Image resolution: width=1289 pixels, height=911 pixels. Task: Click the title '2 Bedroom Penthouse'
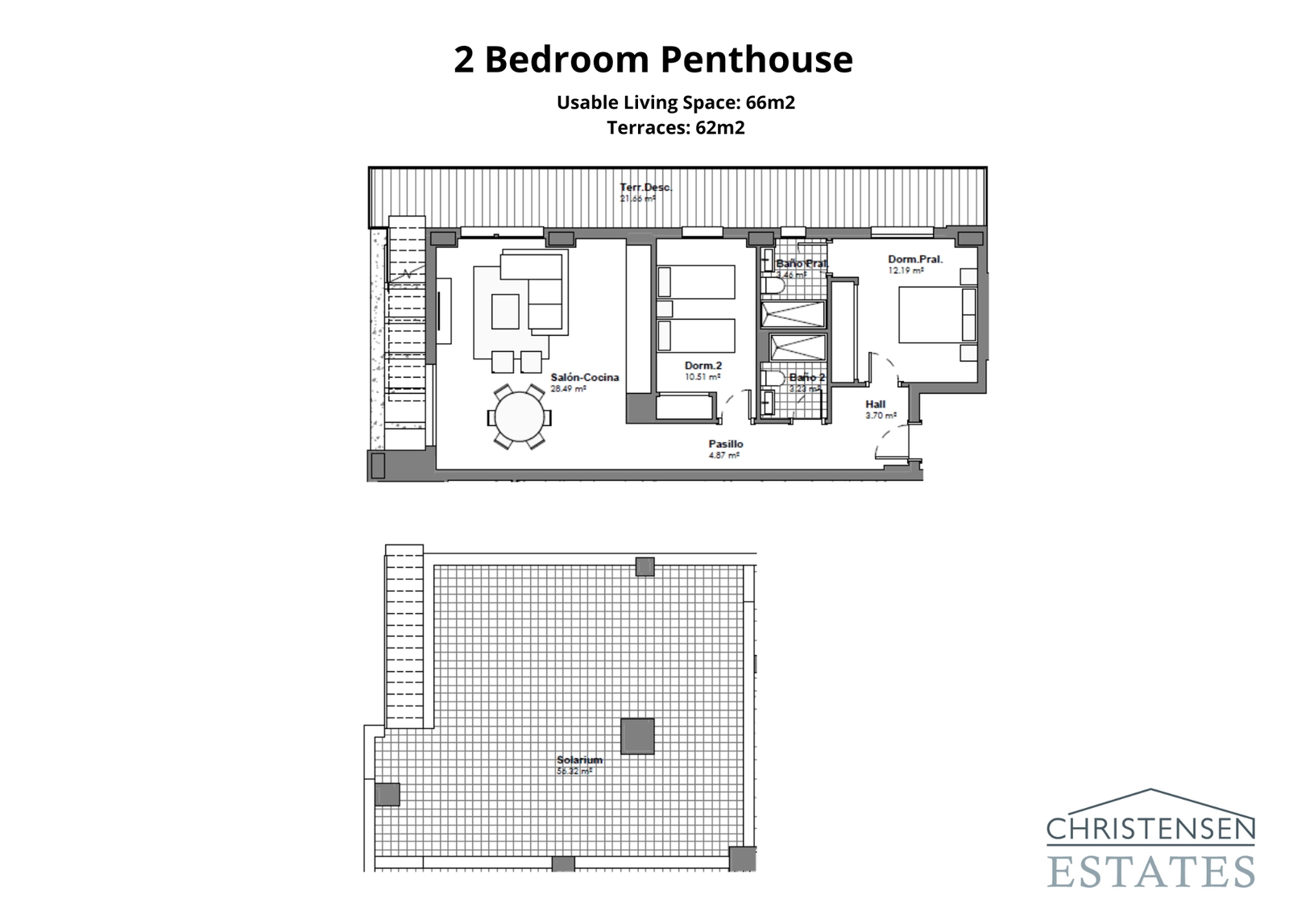pos(653,60)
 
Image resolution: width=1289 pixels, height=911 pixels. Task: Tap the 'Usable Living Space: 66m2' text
pos(675,103)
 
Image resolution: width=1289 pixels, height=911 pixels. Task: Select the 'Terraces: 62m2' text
pos(675,128)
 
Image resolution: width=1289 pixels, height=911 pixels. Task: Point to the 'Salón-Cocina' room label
pos(585,377)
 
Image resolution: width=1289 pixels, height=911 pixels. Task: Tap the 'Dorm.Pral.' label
pos(915,259)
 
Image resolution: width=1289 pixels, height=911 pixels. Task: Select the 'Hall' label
pos(876,404)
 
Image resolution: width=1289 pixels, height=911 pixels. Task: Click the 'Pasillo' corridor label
pos(725,444)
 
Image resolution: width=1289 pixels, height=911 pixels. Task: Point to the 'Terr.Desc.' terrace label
pos(645,188)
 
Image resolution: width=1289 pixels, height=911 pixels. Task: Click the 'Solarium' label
pos(579,760)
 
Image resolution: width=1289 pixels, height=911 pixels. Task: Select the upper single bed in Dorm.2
pos(696,283)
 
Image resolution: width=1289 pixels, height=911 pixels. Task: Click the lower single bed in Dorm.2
pos(696,336)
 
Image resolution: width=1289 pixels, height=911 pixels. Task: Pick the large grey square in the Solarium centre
pos(637,736)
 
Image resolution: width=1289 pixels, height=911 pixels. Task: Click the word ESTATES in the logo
pos(1151,873)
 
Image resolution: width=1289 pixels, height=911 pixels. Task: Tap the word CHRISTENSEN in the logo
pos(1150,829)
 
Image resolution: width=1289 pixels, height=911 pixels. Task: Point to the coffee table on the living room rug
pos(505,312)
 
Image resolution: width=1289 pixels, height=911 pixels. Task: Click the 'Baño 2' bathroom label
pos(806,378)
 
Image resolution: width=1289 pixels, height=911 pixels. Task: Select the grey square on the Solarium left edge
pos(388,794)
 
